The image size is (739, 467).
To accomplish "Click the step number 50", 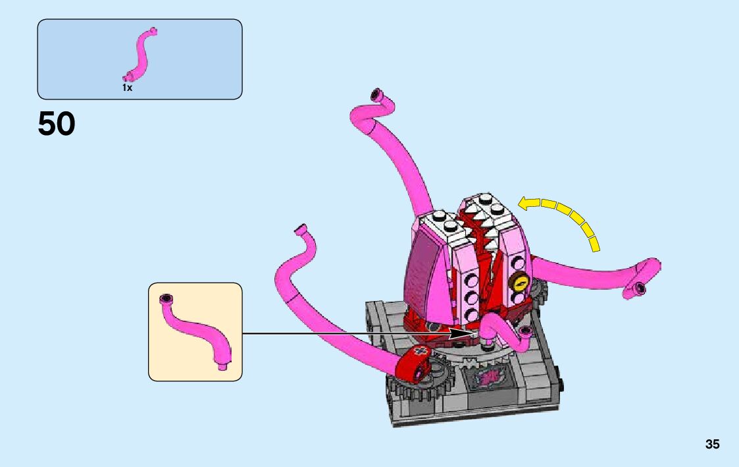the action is coord(57,124).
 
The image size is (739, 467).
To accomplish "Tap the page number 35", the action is coord(712,444).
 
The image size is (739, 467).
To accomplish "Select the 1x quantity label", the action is coord(127,88).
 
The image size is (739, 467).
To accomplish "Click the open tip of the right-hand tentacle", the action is coord(640,287).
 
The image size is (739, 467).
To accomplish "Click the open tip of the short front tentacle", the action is coord(524,329).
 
